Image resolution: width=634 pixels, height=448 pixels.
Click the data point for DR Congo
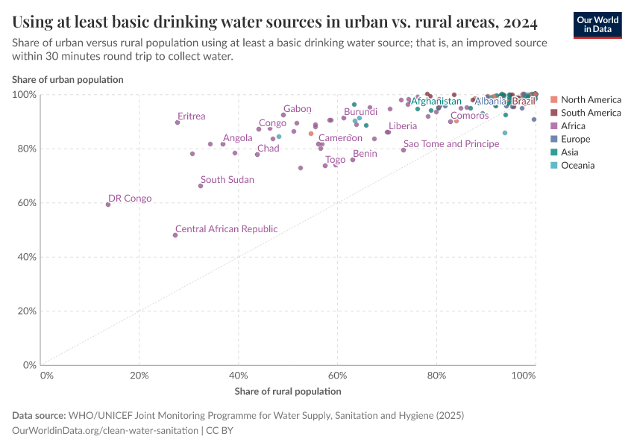(x=108, y=205)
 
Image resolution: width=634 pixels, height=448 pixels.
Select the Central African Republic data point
(x=175, y=235)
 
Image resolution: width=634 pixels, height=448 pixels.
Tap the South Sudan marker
(x=201, y=186)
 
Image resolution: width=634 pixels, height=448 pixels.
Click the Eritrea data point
(x=178, y=122)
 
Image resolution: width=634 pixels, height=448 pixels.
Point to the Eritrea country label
(x=192, y=116)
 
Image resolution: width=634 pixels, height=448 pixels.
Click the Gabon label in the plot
(x=298, y=109)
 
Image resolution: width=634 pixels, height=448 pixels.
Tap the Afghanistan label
(x=436, y=101)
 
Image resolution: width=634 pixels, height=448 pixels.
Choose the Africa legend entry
(x=573, y=126)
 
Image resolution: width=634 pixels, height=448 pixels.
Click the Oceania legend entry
(x=577, y=165)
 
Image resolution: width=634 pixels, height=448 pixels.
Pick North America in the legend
(x=590, y=99)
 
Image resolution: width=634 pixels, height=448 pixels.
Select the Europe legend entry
(x=575, y=139)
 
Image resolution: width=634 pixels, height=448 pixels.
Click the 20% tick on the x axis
(x=139, y=375)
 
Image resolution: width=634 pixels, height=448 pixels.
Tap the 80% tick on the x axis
(x=436, y=375)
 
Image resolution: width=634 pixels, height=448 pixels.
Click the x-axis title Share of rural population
(x=288, y=391)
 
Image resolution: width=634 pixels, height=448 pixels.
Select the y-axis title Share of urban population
(x=68, y=79)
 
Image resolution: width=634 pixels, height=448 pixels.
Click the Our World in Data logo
(x=597, y=25)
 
